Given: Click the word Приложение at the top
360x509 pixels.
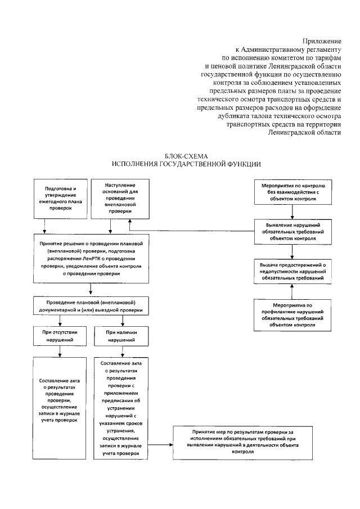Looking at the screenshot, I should [322, 41].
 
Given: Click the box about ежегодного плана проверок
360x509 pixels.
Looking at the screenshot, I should [60, 198].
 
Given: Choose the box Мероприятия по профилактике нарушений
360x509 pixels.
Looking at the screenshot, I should [291, 314].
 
